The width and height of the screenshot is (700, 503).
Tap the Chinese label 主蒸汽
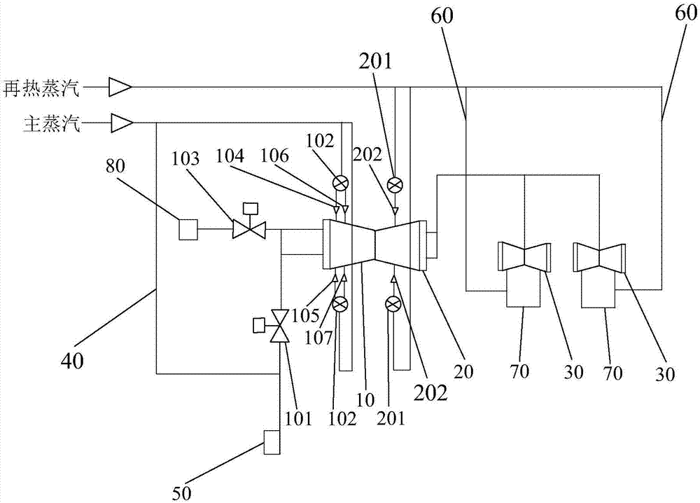[51, 124]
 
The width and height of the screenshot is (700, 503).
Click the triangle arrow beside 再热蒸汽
[120, 88]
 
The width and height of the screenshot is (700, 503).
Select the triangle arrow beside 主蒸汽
[120, 123]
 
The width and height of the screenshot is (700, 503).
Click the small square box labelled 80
[188, 229]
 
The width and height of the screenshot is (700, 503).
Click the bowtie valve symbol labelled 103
[250, 229]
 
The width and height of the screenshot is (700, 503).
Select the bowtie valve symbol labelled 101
[280, 326]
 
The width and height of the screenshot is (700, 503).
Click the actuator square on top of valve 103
[250, 208]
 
